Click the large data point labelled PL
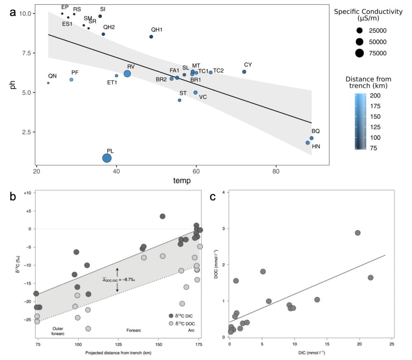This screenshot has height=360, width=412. pos(107,158)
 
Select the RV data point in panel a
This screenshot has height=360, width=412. pos(127,73)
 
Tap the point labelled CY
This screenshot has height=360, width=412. pos(244,72)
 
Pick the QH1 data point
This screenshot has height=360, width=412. pos(151,37)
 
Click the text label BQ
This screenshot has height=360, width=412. pos(316,131)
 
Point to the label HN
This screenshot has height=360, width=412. pos(316,146)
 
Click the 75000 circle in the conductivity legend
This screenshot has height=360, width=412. pos(360,53)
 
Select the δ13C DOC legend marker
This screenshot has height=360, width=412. pos(170,324)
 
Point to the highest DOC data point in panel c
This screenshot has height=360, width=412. pos(358,233)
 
